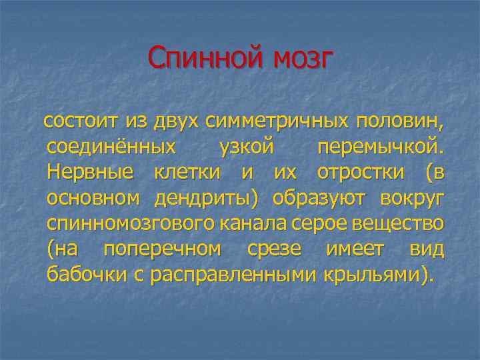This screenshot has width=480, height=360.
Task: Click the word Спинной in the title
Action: [x=204, y=59]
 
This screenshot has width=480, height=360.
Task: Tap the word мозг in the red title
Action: [x=301, y=59]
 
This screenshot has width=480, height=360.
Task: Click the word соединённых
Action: [x=112, y=147]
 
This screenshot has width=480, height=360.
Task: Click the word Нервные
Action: [x=91, y=172]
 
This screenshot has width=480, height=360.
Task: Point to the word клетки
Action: [x=187, y=172]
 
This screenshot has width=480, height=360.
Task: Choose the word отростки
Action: [x=361, y=172]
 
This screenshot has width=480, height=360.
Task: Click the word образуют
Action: [x=321, y=197]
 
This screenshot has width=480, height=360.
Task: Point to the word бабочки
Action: [x=90, y=273]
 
